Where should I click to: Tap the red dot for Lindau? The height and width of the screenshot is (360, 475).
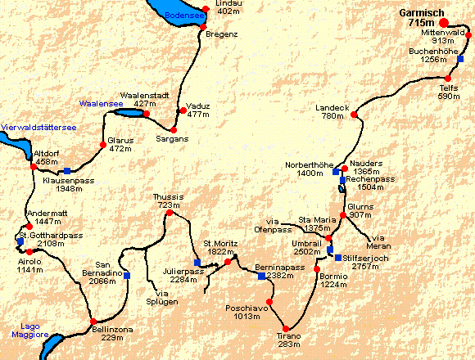point(205,10)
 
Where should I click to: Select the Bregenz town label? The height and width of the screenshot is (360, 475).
point(221,34)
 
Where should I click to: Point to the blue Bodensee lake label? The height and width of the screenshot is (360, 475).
point(182,16)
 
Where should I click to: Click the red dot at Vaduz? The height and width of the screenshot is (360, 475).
point(181,110)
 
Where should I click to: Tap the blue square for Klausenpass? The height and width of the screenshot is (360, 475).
point(66,170)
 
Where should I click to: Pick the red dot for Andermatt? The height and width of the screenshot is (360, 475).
point(29,227)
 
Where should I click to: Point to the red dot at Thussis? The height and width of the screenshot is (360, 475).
point(170,213)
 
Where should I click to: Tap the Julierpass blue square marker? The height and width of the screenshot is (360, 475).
point(197,263)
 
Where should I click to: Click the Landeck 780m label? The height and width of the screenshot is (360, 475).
point(333,112)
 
